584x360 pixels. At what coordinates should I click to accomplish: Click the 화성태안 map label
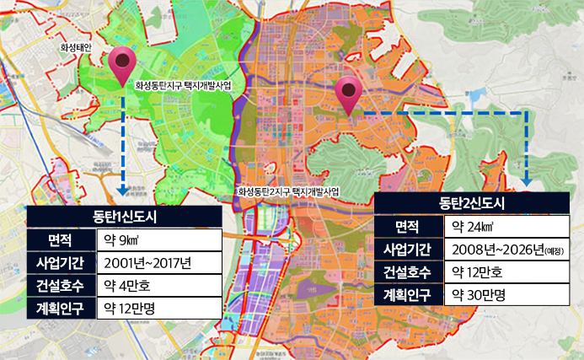[x=81, y=48]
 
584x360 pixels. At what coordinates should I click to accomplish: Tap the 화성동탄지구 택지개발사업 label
[x=183, y=85]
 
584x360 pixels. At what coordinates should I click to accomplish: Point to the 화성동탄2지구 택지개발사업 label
[x=288, y=192]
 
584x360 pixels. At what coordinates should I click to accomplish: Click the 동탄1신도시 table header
[x=125, y=218]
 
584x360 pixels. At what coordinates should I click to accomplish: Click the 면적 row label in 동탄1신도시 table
[x=61, y=240]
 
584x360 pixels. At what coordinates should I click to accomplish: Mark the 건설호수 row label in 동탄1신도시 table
[x=61, y=285]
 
